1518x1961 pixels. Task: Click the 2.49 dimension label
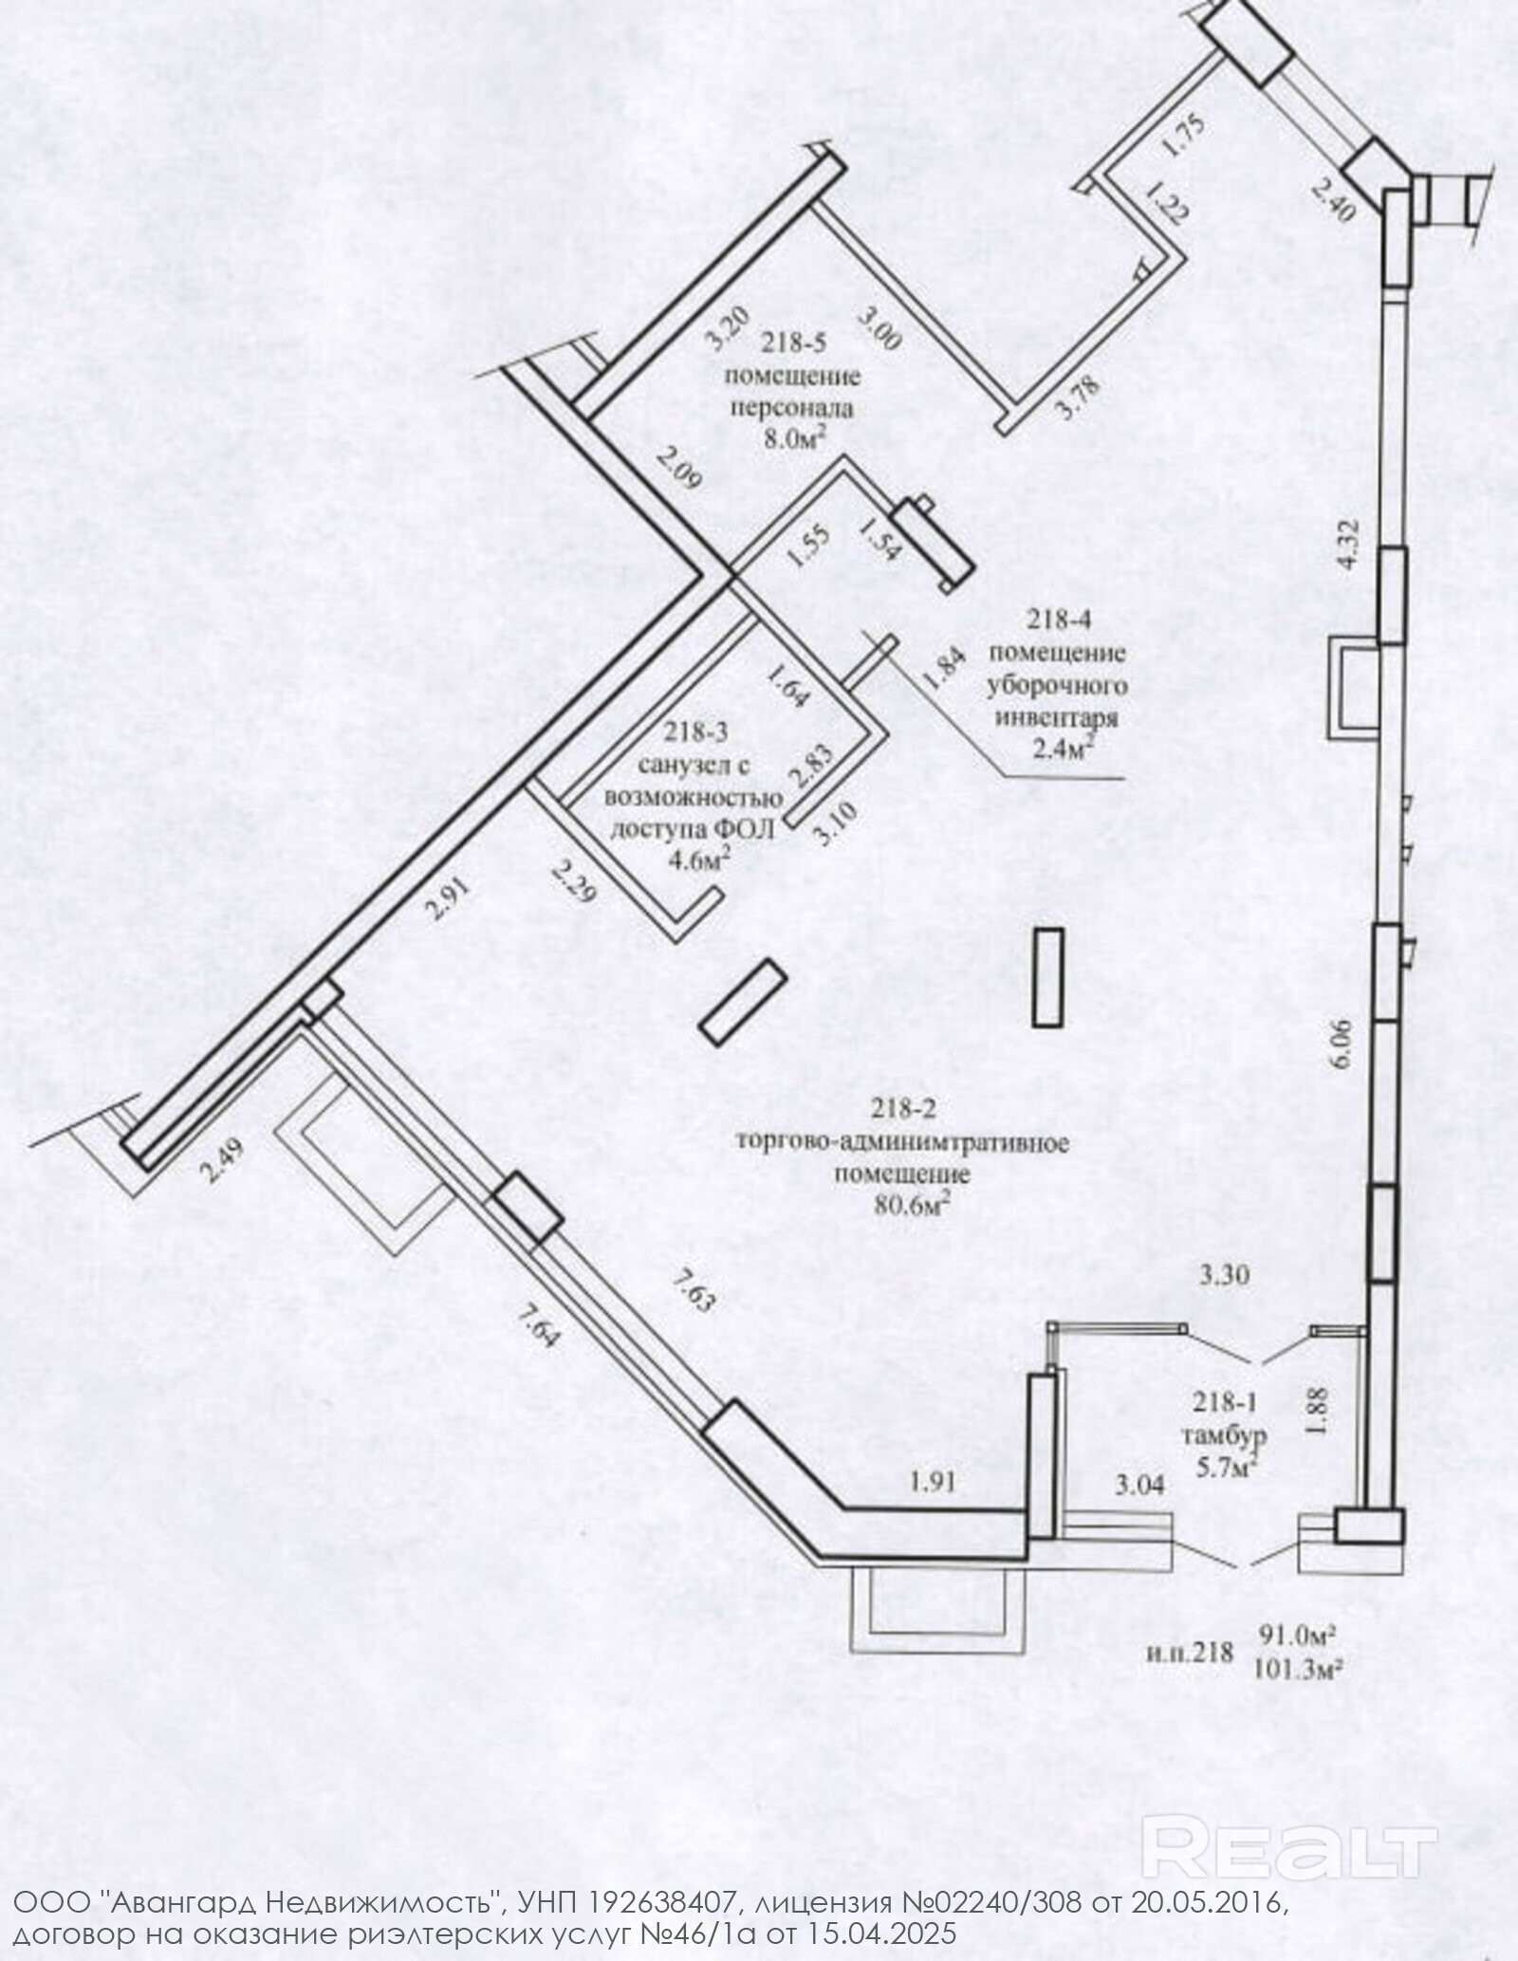click(x=222, y=1160)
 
